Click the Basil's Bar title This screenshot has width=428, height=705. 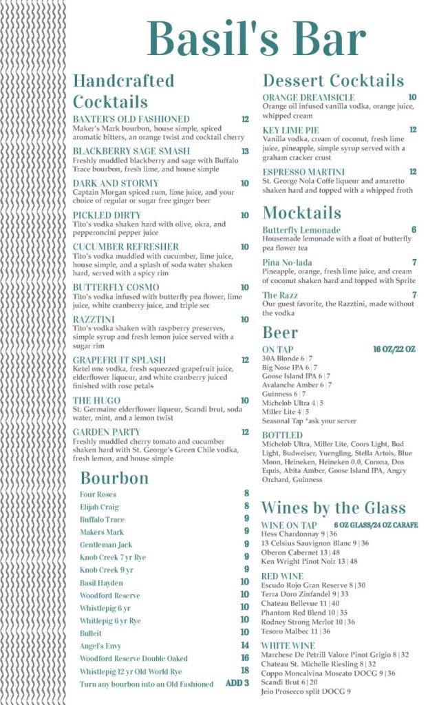coord(256,39)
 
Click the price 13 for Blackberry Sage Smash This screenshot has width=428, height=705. coord(245,151)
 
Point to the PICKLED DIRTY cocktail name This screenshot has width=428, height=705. coord(107,215)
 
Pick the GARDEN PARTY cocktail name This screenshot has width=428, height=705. coord(107,432)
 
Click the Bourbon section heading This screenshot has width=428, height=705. coord(114,477)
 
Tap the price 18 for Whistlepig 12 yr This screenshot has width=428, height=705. coord(244,671)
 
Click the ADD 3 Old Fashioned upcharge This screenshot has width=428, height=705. coord(237,684)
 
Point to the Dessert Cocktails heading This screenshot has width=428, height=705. coord(333,80)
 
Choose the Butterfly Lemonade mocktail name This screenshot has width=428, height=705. coord(301,230)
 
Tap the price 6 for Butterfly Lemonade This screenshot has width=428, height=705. coord(414,230)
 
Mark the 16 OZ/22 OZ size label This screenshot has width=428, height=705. coord(394,349)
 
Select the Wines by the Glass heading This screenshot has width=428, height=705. coord(333,507)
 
